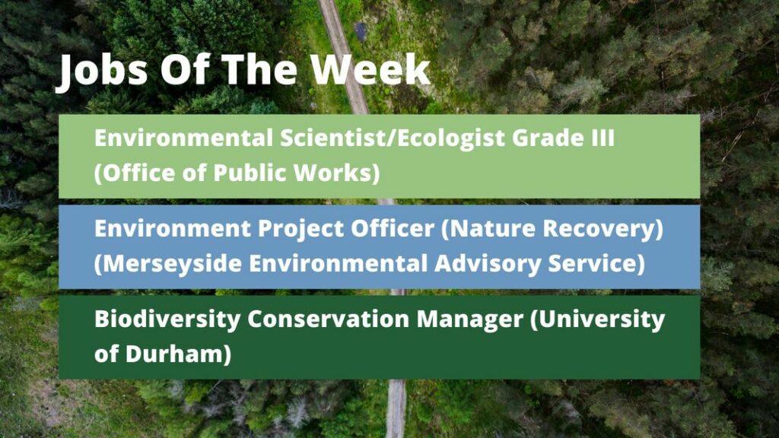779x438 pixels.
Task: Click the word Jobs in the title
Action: pyautogui.click(x=102, y=71)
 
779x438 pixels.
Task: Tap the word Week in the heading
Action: pyautogui.click(x=370, y=69)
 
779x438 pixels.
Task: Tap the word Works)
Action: pyautogui.click(x=336, y=173)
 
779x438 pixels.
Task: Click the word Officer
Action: pyautogui.click(x=393, y=228)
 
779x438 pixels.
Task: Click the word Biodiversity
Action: pyautogui.click(x=167, y=319)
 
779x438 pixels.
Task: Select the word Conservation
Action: pyautogui.click(x=328, y=319)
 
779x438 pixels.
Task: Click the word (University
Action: pyautogui.click(x=597, y=319)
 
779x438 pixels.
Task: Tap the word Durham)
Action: pyautogui.click(x=178, y=354)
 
